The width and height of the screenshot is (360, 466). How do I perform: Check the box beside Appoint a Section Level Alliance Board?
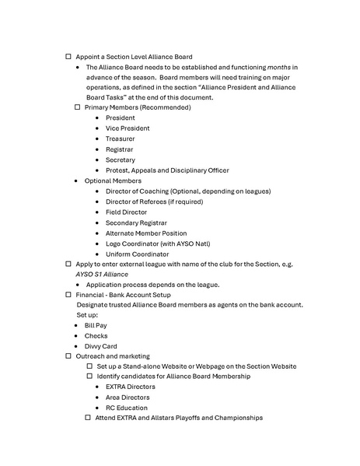[68, 57]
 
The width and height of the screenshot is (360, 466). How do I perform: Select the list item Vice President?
[128, 128]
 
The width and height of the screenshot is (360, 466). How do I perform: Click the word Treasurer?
[120, 138]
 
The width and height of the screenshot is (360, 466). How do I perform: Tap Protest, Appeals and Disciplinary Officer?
[167, 170]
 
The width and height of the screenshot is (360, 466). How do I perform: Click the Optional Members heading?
[113, 180]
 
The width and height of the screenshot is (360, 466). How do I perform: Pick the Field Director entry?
[126, 212]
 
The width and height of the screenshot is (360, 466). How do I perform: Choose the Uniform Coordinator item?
[137, 254]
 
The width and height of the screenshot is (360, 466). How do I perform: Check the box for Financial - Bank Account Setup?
[68, 296]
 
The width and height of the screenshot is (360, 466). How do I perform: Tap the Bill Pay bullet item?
[96, 325]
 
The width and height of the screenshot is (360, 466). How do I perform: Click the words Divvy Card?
[100, 346]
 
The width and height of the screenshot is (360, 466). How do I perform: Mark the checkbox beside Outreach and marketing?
[68, 356]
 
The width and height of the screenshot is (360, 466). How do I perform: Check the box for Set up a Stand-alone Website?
[89, 366]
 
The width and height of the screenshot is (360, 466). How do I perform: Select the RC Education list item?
[126, 408]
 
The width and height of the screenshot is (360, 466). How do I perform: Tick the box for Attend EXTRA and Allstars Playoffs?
[89, 418]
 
